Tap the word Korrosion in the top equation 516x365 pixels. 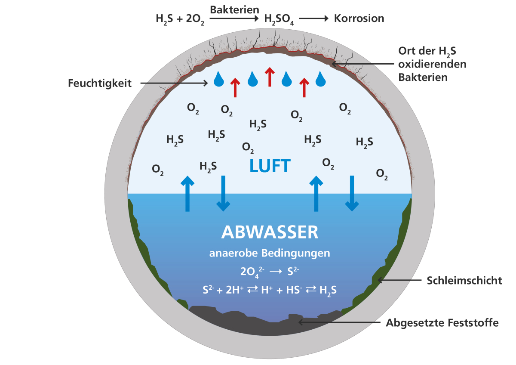tap(359, 19)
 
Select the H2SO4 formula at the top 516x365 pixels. tap(279, 19)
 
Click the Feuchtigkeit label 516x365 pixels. tap(99, 83)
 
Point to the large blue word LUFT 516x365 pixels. tap(270, 166)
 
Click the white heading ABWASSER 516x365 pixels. tap(270, 232)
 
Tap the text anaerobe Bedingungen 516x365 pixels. tap(270, 253)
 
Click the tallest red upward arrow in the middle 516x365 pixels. tap(270, 77)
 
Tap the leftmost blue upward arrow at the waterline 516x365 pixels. tap(187, 193)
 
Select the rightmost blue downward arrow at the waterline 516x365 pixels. tap(352, 193)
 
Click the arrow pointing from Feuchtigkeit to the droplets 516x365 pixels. tap(174, 83)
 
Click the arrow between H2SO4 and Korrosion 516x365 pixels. tap(314, 19)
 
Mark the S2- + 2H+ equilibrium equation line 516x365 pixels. tap(270, 290)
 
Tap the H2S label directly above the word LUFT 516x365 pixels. tap(258, 124)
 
